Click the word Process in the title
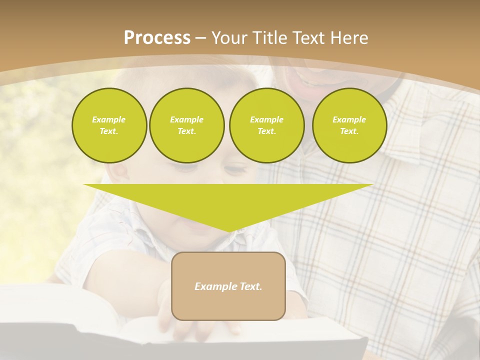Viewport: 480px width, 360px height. click(x=157, y=38)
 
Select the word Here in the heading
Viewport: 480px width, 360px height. click(x=348, y=38)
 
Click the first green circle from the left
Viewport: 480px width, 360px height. click(x=109, y=125)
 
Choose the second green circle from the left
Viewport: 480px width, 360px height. click(x=186, y=125)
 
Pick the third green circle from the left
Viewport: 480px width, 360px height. click(x=266, y=125)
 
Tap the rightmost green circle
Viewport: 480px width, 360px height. click(x=349, y=125)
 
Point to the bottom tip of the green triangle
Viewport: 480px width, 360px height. click(x=228, y=231)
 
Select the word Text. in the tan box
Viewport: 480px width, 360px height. click(x=250, y=286)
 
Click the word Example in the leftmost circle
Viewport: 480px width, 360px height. click(x=109, y=119)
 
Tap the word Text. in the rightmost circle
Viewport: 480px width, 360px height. click(x=349, y=131)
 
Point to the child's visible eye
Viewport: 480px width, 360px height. click(x=234, y=170)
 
